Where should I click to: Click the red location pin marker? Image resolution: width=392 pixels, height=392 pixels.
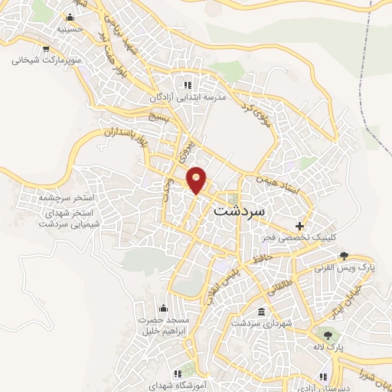point(197,179)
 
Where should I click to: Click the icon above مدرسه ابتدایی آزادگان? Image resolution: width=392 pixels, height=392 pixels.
point(186,83)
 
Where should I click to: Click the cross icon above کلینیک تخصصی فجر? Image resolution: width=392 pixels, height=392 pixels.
point(299,226)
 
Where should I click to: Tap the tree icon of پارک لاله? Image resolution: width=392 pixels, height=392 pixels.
point(328,334)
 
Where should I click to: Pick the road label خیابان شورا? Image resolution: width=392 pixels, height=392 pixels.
point(369,375)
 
